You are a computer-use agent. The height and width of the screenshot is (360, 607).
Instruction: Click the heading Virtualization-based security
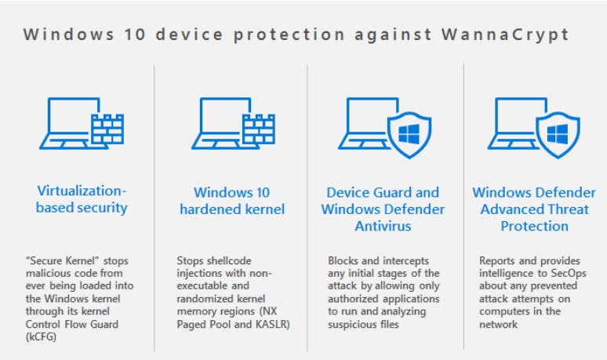(x=82, y=200)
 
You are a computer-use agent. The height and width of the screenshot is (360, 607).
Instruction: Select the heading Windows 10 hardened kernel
(x=232, y=201)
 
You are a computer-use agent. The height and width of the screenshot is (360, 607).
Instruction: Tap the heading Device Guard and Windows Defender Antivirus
(x=383, y=209)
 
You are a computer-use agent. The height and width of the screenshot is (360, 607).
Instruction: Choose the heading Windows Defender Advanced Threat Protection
(x=534, y=209)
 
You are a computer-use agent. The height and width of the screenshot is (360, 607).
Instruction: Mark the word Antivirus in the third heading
(x=383, y=226)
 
